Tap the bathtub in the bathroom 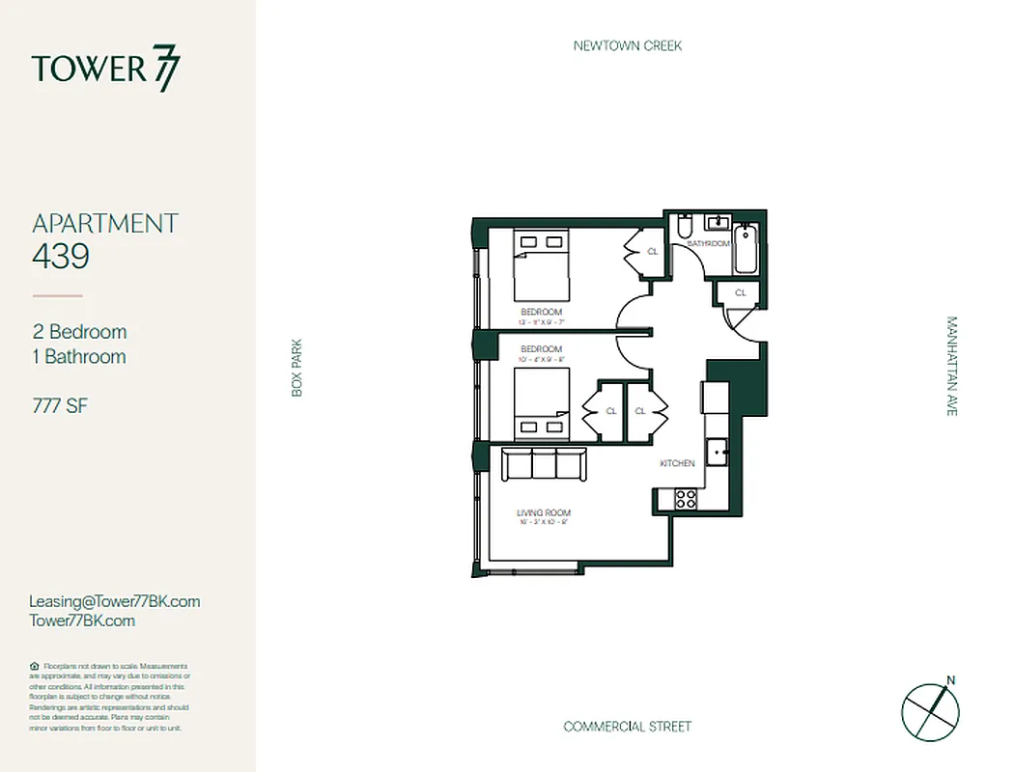pos(746,249)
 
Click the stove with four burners pos(685,500)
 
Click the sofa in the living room pos(544,465)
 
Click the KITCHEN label pos(677,464)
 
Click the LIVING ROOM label pos(544,512)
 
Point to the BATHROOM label pos(708,244)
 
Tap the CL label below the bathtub pos(741,292)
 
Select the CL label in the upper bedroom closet pos(652,252)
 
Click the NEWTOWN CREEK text pos(627,45)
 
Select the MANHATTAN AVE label pos(951,366)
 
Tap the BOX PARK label pos(297,367)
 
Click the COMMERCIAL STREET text pos(627,727)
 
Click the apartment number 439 pos(61,257)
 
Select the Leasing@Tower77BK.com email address pos(115,601)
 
